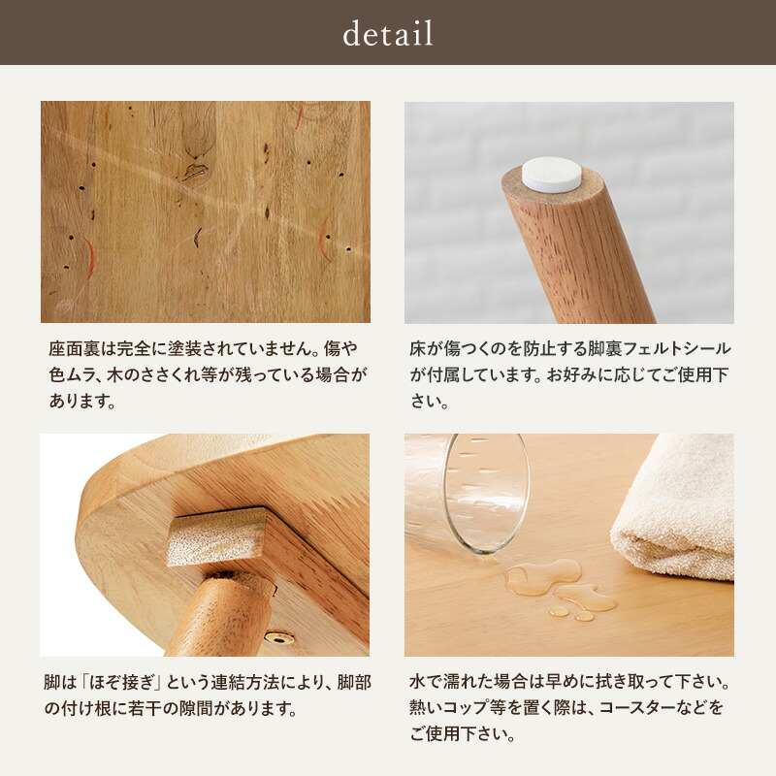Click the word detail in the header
click(388, 34)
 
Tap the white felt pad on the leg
click(551, 175)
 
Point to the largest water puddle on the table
click(543, 577)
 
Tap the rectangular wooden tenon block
click(215, 536)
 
